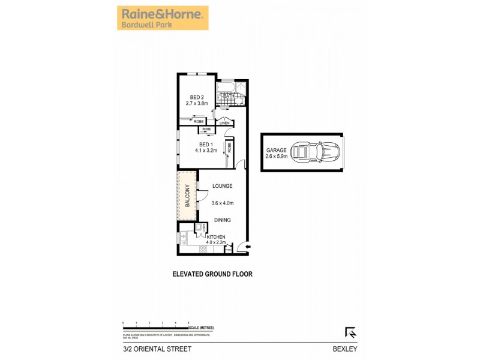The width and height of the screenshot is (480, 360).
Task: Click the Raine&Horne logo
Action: tap(162, 17)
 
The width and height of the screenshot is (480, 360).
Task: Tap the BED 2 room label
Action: tap(197, 97)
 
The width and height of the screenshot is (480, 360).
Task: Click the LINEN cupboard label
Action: tap(224, 124)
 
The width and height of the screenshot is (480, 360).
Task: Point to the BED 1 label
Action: tap(205, 145)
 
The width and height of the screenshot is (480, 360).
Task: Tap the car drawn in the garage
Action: tap(316, 153)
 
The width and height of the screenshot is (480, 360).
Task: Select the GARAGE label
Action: tap(276, 151)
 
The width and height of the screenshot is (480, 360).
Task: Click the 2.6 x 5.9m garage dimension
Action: tap(277, 157)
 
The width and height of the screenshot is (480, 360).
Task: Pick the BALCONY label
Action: tap(188, 196)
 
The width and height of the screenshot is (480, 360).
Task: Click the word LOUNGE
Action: tap(222, 186)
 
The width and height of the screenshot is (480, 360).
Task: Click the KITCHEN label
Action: tap(216, 237)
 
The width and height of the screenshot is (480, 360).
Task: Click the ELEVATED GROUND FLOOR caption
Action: tap(212, 274)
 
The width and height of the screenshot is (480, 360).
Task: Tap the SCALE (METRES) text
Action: tap(200, 328)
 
